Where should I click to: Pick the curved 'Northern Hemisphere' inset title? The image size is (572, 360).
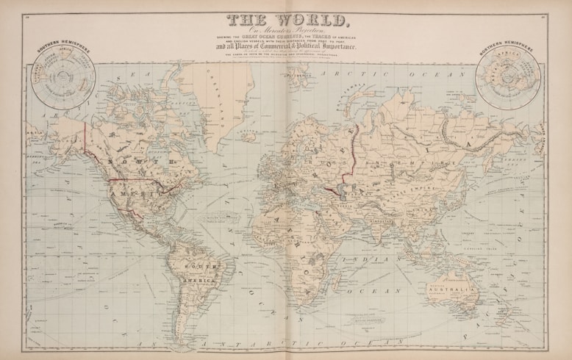(x=507, y=51)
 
